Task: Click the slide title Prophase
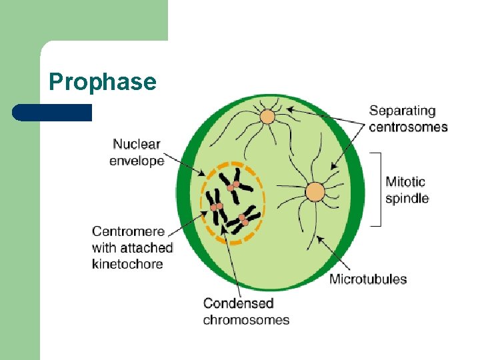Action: coord(103,81)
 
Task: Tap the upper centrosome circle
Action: coord(267,117)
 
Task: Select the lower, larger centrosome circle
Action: coord(315,193)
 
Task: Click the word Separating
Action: coord(402,111)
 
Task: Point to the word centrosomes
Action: coord(408,127)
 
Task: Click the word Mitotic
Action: coord(405,181)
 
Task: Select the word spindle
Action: coord(407,198)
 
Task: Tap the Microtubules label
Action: coord(368,279)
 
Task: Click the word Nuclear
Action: coord(137,144)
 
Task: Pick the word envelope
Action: coord(137,161)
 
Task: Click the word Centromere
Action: coord(128,231)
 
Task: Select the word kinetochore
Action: coord(127,264)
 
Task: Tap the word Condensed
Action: coord(238,303)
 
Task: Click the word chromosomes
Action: coord(246,320)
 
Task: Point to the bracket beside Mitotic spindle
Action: coord(378,189)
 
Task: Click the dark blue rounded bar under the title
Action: coord(52,112)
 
